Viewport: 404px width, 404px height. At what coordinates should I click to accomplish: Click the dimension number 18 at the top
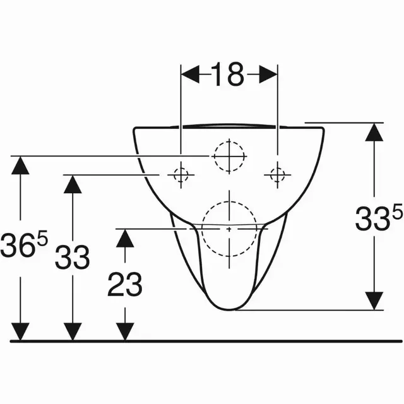point(228,74)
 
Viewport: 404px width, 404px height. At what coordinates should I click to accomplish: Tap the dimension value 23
point(124,284)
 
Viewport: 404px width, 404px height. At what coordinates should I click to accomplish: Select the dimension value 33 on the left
point(72,257)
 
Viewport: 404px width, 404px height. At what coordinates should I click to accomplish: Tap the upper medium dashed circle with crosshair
point(228,155)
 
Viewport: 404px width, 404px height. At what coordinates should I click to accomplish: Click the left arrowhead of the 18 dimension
point(190,74)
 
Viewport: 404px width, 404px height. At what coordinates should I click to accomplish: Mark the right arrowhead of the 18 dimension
point(268,74)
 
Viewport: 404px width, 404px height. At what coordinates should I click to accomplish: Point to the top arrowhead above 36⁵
point(21,165)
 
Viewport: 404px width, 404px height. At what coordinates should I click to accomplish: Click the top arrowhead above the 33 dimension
point(73,184)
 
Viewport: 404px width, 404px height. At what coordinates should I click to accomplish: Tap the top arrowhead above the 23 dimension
point(125,237)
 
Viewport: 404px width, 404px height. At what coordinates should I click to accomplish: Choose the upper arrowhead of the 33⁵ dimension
point(375,132)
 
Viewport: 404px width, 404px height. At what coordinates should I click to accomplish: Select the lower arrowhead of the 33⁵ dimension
point(375,301)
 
